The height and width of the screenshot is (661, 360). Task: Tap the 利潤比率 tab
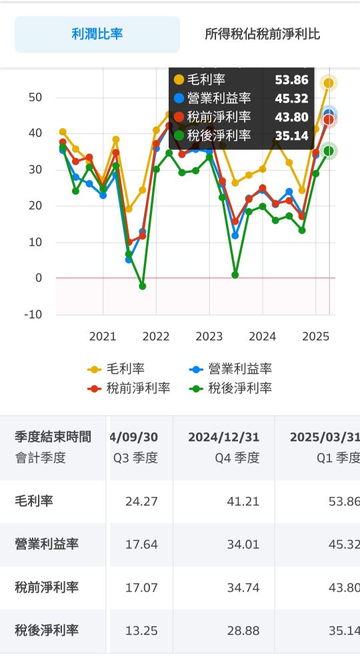97,34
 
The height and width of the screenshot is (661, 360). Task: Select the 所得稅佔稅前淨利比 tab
262,34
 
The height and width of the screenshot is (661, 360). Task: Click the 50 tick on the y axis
35,97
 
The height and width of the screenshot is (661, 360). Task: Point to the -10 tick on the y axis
33,315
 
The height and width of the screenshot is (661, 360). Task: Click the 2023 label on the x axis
209,336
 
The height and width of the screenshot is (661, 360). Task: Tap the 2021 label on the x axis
103,336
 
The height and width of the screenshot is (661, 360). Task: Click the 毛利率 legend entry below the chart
116,369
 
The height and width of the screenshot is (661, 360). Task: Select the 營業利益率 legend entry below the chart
231,369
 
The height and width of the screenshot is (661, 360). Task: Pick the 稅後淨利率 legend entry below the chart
231,388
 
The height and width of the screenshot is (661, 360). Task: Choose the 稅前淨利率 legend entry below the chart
129,388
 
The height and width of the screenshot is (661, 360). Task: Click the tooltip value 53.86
292,80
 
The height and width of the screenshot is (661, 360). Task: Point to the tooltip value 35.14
292,136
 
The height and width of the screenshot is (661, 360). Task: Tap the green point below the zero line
143,287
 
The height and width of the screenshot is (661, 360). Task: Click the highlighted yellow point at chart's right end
329,83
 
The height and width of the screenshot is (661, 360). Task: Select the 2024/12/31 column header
224,437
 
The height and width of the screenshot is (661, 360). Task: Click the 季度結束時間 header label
53,436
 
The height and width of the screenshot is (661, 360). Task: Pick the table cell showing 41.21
243,502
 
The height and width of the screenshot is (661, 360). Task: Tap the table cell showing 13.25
141,630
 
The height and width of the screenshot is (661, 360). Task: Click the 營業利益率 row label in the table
47,544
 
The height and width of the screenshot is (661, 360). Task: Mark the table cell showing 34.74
243,588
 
